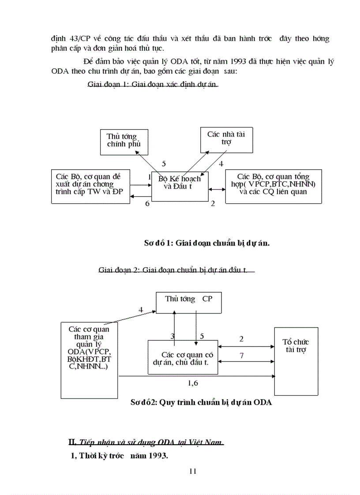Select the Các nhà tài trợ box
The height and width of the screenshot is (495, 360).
tap(226, 139)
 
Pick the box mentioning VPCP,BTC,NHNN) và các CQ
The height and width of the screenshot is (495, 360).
tap(274, 186)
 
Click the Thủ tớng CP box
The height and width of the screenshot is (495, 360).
tap(188, 303)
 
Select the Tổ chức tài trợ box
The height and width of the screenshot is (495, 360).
tap(296, 361)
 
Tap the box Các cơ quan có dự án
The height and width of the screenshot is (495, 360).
tap(183, 357)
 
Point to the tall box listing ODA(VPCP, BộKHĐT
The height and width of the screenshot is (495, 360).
tap(90, 359)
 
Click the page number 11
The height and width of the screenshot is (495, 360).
tap(192, 471)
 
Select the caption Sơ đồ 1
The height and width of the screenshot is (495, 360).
tap(206, 243)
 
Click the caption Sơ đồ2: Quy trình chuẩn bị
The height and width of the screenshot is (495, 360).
tap(201, 402)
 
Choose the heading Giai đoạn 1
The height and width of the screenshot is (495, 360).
tap(153, 85)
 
